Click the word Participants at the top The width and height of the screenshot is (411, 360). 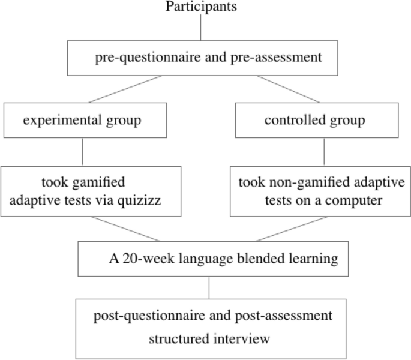tap(201, 7)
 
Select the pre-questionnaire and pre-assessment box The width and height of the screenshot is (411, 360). tap(208, 58)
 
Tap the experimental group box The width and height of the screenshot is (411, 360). tap(82, 120)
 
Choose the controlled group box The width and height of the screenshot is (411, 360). tap(314, 120)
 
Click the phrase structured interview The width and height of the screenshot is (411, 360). tap(209, 338)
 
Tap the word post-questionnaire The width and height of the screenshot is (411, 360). tap(142, 316)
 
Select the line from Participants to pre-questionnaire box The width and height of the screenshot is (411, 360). tap(201, 28)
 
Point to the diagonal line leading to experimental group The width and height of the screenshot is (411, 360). tap(125, 89)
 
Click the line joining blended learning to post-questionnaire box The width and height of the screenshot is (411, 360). tap(209, 287)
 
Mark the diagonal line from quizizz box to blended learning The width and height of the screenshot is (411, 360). tap(126, 229)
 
